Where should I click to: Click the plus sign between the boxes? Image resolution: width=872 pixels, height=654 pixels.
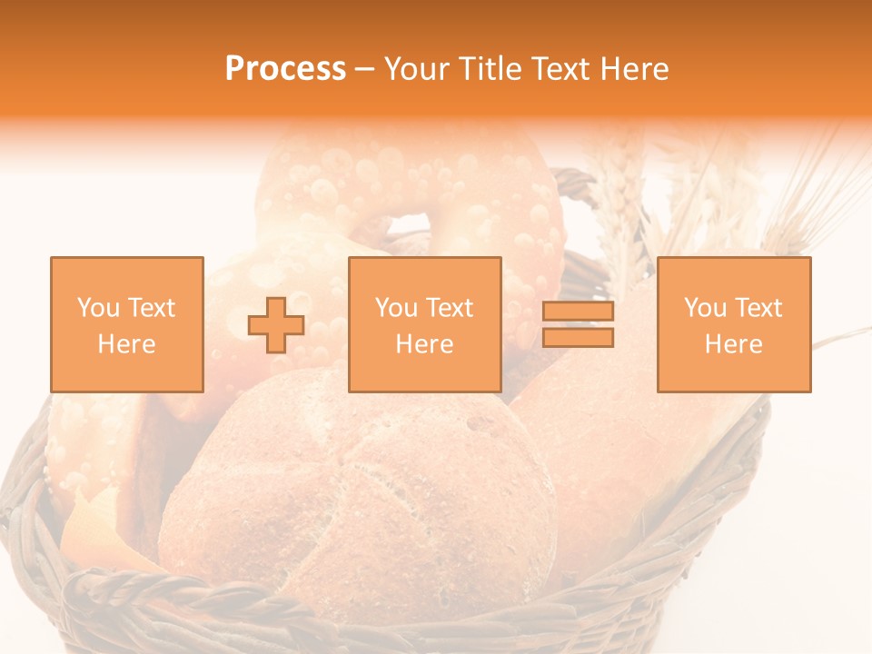(x=276, y=324)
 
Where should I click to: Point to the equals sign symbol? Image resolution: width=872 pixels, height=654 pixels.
(x=578, y=324)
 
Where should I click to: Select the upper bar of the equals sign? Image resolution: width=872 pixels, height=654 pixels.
(x=578, y=312)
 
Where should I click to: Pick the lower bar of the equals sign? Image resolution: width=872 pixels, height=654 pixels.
(x=578, y=338)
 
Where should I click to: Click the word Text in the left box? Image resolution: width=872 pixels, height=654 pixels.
(x=152, y=308)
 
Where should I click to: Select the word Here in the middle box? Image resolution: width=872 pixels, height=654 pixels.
(x=424, y=344)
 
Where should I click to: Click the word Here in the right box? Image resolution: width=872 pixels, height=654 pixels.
(x=734, y=344)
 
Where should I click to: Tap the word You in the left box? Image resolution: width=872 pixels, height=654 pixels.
(x=97, y=308)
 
